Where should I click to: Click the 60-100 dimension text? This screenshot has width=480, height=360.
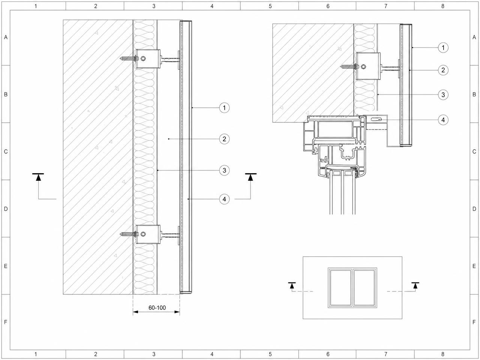pyautogui.click(x=157, y=308)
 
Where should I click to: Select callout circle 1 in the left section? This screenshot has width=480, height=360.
pyautogui.click(x=224, y=108)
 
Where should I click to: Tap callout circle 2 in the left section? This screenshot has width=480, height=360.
pyautogui.click(x=224, y=139)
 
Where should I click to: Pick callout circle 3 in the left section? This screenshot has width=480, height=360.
pyautogui.click(x=224, y=170)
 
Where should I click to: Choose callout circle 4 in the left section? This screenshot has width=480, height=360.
pyautogui.click(x=224, y=199)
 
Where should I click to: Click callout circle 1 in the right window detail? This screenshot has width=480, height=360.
pyautogui.click(x=443, y=47)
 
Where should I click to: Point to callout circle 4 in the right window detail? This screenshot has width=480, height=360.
pyautogui.click(x=443, y=120)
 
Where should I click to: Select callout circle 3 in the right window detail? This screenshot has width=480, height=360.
pyautogui.click(x=443, y=94)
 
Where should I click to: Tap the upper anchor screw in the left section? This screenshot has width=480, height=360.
pyautogui.click(x=129, y=58)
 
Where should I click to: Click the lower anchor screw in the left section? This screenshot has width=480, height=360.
pyautogui.click(x=129, y=234)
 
